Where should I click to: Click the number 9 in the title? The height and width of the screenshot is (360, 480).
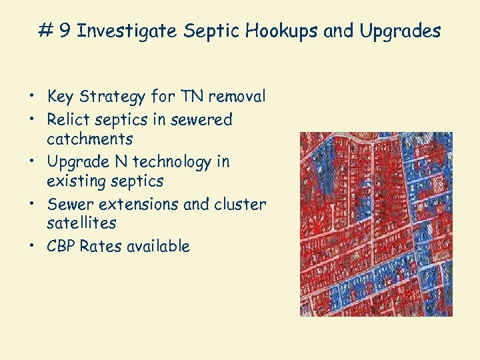65,31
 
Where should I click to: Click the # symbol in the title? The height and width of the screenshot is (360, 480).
46,31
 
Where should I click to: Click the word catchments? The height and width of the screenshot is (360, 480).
90,139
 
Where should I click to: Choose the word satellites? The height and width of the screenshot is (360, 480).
81,223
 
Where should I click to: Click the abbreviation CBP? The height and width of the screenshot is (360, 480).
61,246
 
